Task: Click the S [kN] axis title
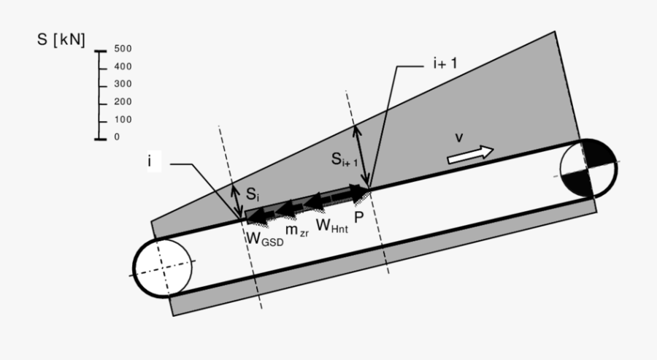click(x=61, y=40)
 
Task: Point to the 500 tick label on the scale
click(x=122, y=49)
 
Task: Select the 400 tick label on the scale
click(x=122, y=66)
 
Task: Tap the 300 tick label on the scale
click(x=122, y=84)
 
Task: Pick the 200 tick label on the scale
click(x=122, y=102)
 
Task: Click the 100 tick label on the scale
click(x=122, y=119)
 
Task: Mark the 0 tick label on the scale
click(x=117, y=137)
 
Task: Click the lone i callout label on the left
click(x=149, y=161)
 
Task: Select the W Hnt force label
click(x=331, y=225)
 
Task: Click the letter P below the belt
click(x=358, y=217)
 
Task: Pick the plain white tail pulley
click(x=161, y=267)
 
